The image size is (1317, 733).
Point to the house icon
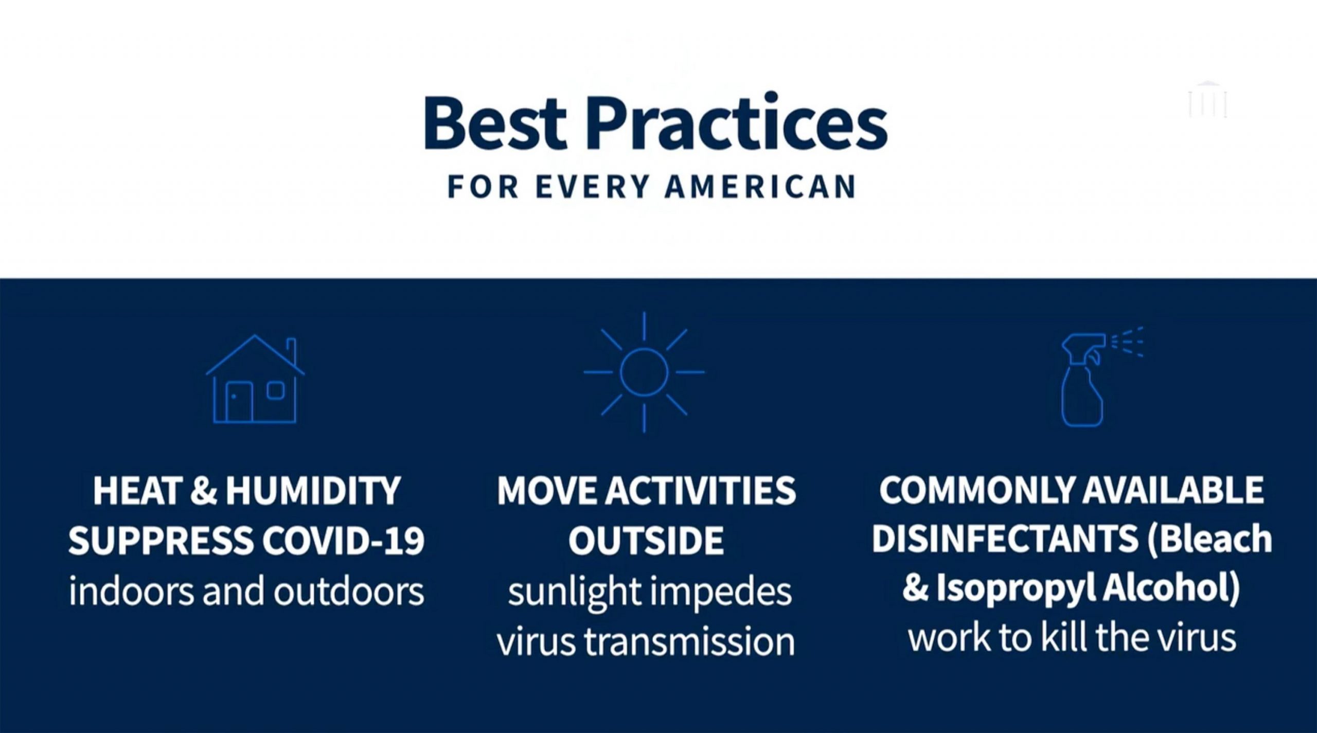[x=255, y=379]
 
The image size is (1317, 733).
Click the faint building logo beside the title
[x=1207, y=100]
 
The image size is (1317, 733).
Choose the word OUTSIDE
[x=646, y=541]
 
